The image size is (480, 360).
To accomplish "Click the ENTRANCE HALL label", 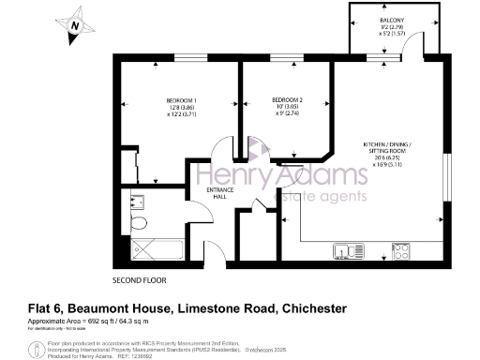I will click(x=220, y=192).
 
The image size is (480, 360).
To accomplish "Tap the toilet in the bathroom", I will click(x=137, y=221).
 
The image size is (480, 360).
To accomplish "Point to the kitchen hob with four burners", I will click(x=402, y=250).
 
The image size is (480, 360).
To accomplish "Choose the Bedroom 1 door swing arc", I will click(x=221, y=150).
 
